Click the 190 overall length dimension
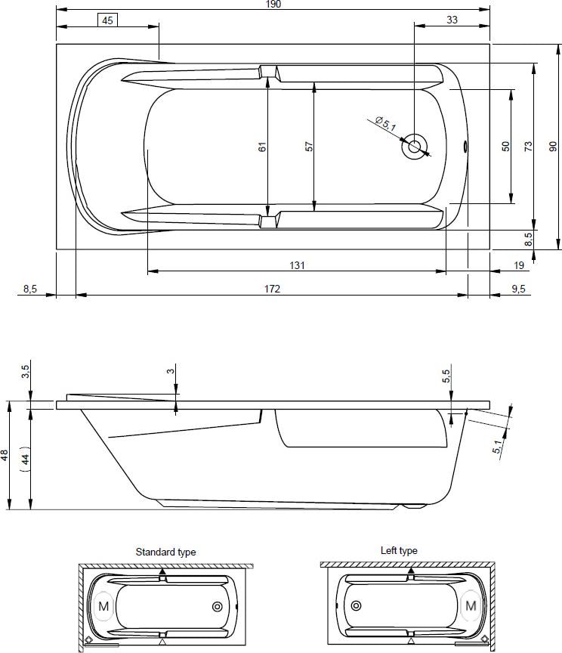[273, 5]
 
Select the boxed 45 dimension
[107, 20]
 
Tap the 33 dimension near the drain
[452, 20]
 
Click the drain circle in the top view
[414, 146]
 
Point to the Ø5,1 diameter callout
[385, 124]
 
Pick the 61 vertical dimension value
[262, 147]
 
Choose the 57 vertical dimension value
[308, 147]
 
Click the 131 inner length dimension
[297, 265]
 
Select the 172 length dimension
[272, 289]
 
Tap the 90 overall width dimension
[552, 147]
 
